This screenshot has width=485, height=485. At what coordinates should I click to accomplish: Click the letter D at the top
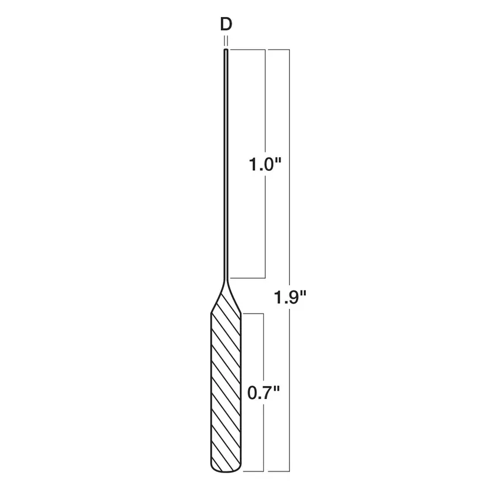(226, 24)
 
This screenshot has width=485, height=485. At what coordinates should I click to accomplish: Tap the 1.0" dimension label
(265, 164)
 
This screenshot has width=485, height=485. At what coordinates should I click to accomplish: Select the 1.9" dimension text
(290, 297)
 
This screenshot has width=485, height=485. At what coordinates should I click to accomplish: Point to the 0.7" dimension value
(263, 392)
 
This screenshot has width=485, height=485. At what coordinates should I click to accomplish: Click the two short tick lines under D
(226, 41)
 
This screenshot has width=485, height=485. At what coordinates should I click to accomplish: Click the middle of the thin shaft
(226, 164)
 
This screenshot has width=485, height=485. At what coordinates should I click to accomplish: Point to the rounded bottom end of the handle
(226, 471)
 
